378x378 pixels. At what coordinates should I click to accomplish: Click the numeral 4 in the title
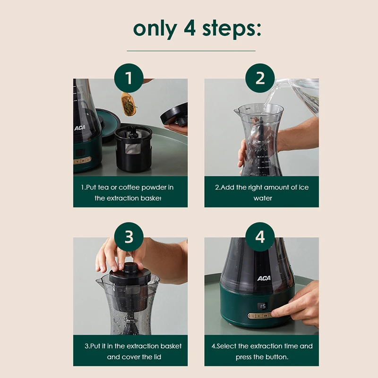click(x=190, y=28)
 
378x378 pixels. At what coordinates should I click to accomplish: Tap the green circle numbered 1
click(x=129, y=78)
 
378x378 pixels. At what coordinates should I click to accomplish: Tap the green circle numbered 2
click(x=260, y=78)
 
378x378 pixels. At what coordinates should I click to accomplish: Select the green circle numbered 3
click(x=129, y=237)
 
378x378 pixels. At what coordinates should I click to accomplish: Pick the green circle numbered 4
click(x=260, y=237)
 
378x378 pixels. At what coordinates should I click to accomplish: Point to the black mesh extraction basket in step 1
click(x=134, y=148)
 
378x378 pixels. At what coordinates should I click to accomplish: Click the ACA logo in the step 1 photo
click(x=80, y=128)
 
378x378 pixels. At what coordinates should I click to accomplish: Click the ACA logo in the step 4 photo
click(x=264, y=278)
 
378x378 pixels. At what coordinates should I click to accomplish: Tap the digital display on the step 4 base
click(x=262, y=306)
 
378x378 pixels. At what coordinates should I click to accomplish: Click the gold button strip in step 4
click(x=259, y=316)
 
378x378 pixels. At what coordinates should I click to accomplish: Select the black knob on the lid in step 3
click(x=130, y=268)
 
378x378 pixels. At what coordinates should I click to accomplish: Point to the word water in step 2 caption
click(x=263, y=198)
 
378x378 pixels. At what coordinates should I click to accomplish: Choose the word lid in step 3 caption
click(x=157, y=357)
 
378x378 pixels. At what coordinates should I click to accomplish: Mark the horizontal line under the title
click(x=191, y=51)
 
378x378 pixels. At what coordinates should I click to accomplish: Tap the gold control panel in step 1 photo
click(x=82, y=161)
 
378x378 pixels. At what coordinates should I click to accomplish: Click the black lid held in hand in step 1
click(x=174, y=114)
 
